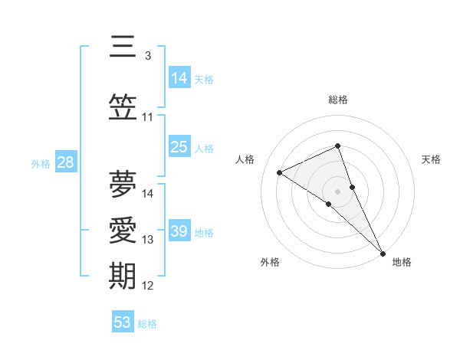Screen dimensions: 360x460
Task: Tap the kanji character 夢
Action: pos(123,184)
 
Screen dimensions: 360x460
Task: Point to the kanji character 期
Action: pos(123,276)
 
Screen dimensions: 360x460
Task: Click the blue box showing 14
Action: pos(179,78)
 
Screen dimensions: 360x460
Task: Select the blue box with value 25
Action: pos(179,147)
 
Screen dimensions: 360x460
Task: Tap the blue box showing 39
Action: pos(179,231)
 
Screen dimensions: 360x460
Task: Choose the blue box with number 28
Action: pos(65,162)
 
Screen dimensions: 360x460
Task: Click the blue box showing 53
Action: pos(123,322)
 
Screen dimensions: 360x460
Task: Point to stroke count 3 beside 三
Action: pos(147,56)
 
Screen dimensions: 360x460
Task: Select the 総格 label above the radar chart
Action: pos(338,100)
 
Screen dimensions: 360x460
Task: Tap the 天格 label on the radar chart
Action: pos(432,159)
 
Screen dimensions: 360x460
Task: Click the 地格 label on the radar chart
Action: pos(402,262)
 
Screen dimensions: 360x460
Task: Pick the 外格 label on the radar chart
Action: pos(270,262)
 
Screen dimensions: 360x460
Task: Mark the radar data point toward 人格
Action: pos(280,172)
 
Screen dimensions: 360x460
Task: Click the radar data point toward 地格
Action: pos(383,252)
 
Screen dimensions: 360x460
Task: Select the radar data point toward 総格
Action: pos(338,146)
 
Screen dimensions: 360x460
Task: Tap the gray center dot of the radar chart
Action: pos(338,190)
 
